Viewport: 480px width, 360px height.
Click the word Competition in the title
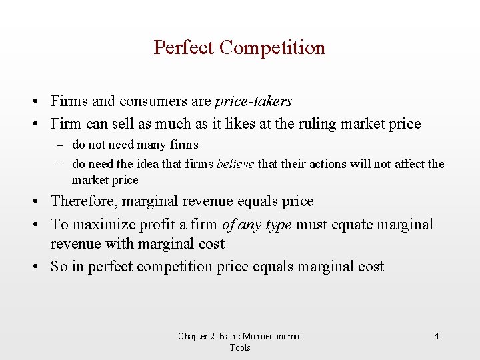pos(272,48)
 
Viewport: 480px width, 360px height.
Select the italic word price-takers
pos(253,102)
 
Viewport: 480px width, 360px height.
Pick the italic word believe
pos(235,164)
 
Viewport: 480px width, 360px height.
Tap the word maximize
pos(103,225)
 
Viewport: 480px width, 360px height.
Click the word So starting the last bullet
pos(59,267)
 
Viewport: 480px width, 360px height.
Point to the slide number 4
pos(437,336)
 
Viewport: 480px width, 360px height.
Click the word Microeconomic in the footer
pos(272,336)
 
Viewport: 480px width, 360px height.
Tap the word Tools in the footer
pos(240,347)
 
